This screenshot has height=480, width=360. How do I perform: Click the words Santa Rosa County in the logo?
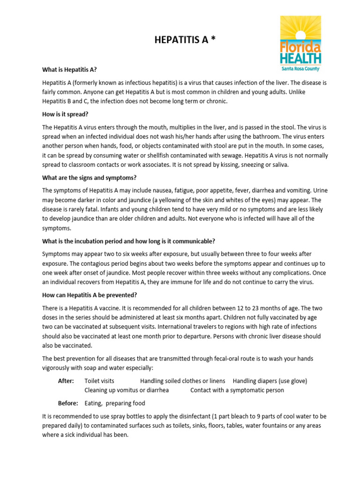[300, 69]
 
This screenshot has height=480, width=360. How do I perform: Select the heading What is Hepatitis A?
[69, 70]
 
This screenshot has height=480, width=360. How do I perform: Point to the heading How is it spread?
[65, 114]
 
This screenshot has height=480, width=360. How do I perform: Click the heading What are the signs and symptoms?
[89, 178]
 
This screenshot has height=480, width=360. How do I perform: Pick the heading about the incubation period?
[128, 241]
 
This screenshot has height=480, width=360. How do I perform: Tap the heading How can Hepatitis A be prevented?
[90, 295]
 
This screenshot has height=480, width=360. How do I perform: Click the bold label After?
[66, 381]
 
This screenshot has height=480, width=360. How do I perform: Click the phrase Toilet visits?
[99, 381]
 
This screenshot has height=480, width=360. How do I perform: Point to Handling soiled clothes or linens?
[183, 381]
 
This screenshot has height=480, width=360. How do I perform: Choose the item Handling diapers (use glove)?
[270, 381]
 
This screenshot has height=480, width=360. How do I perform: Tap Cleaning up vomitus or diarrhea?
[127, 390]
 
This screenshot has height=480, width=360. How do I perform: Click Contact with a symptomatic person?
[237, 390]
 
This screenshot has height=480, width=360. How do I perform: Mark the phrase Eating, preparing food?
[115, 403]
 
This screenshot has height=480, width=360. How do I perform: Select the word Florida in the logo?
[300, 48]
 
